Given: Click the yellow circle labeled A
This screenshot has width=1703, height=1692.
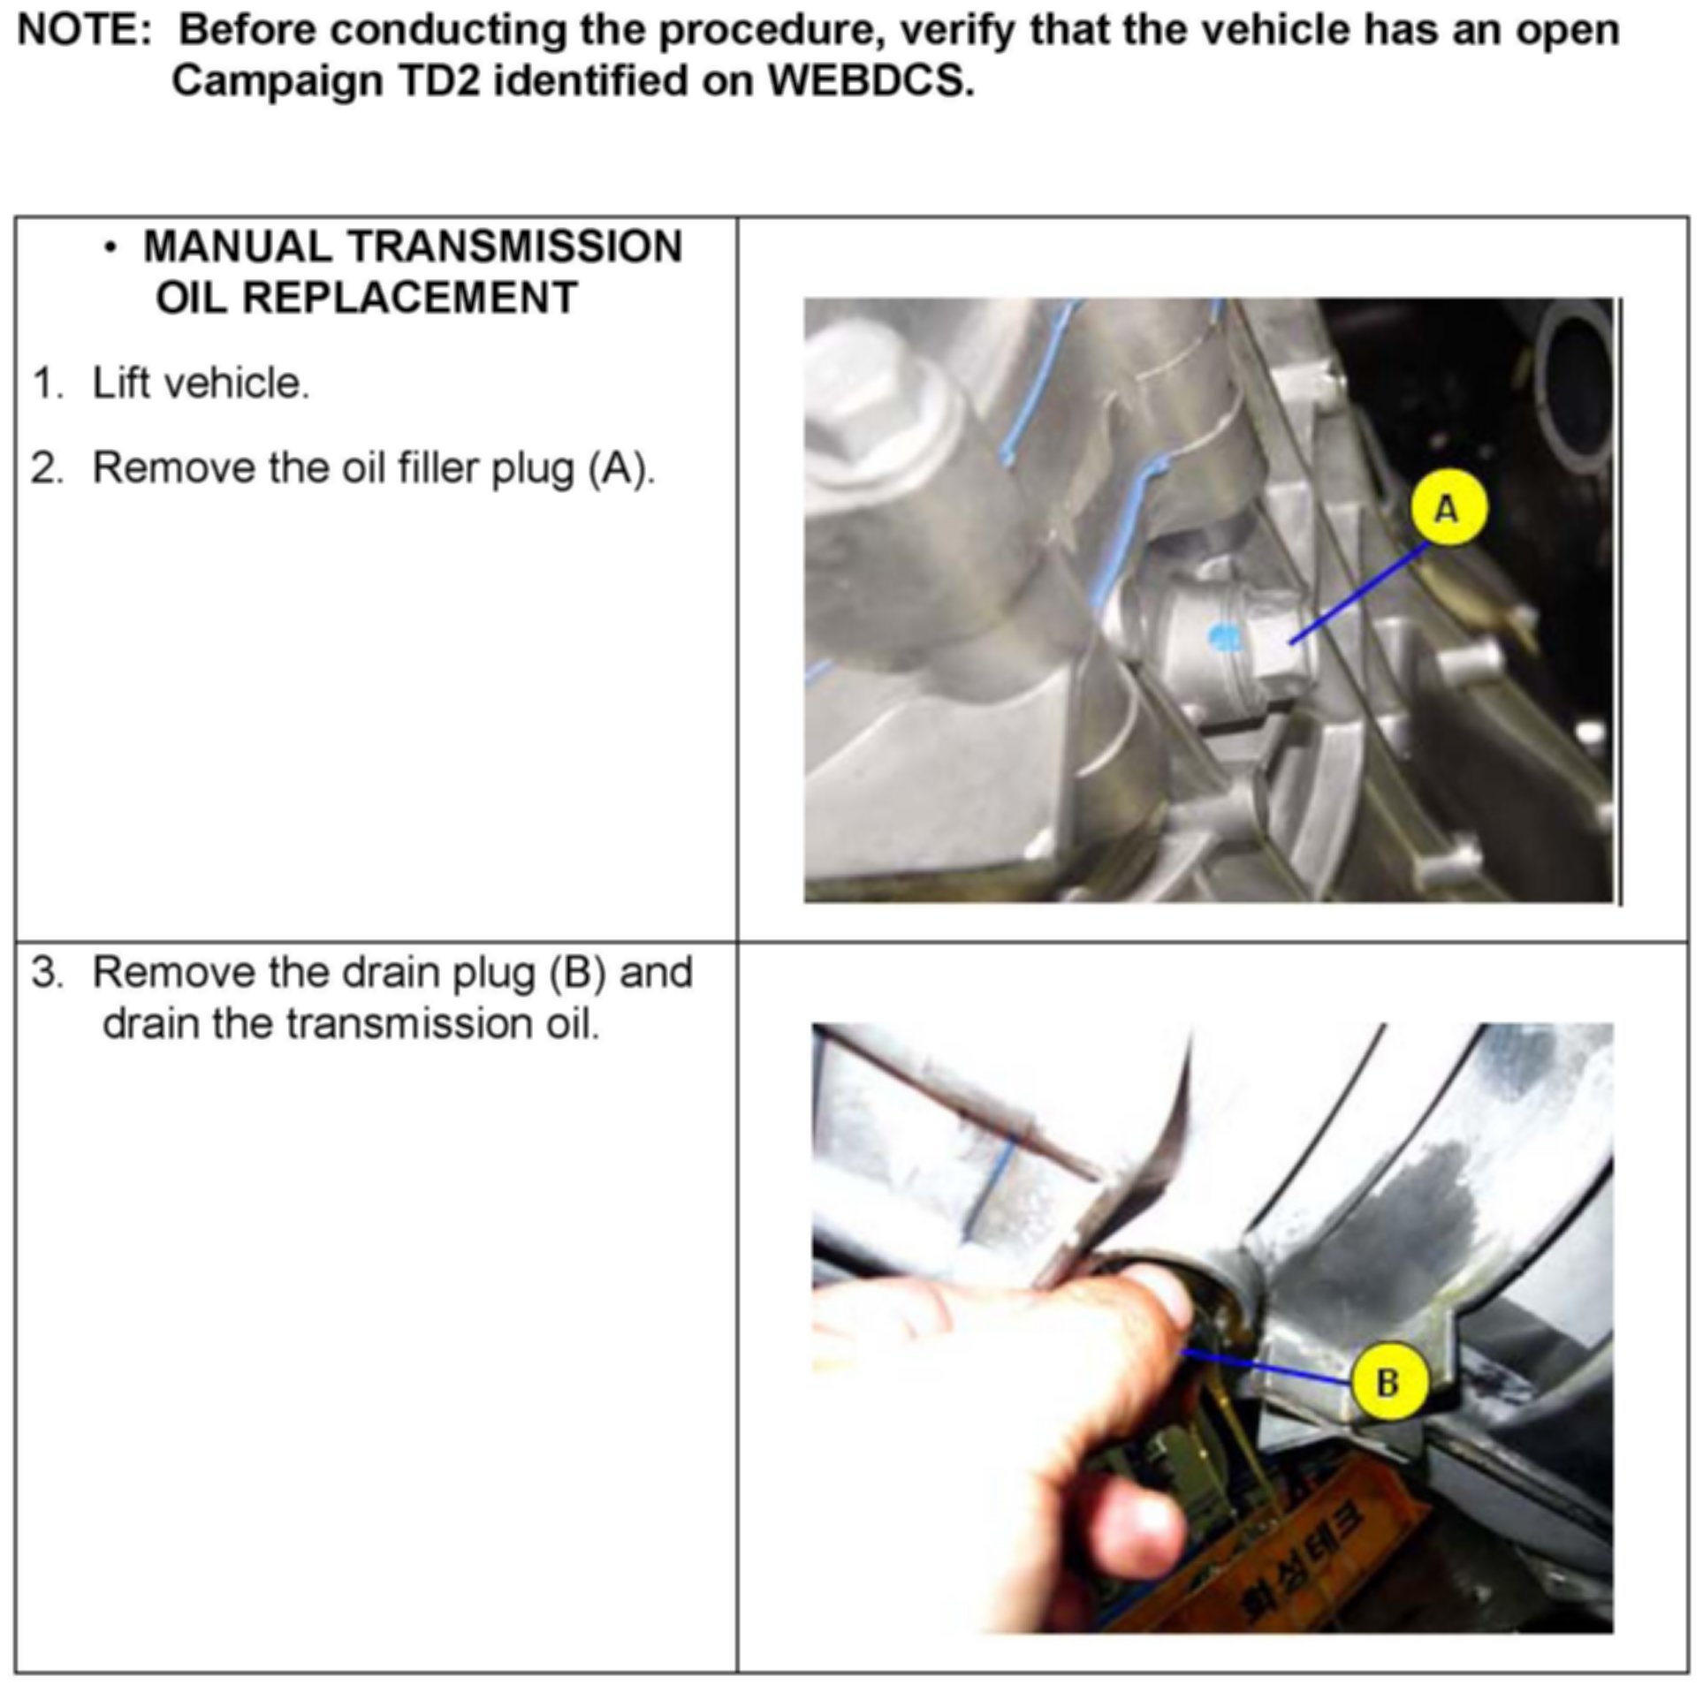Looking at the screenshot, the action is pyautogui.click(x=1447, y=510).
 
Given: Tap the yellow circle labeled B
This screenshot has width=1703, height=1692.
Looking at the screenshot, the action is pyautogui.click(x=1387, y=1382).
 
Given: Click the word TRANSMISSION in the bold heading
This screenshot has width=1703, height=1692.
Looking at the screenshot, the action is pyautogui.click(x=516, y=247).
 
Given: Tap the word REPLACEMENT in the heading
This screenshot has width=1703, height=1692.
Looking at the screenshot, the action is pyautogui.click(x=409, y=298).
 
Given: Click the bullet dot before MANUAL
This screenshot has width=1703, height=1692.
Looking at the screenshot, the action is pyautogui.click(x=110, y=248).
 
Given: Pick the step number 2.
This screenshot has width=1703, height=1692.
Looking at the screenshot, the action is pyautogui.click(x=47, y=468).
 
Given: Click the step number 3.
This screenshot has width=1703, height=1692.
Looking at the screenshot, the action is pyautogui.click(x=47, y=973).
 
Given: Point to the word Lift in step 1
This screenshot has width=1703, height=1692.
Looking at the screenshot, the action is pyautogui.click(x=122, y=383).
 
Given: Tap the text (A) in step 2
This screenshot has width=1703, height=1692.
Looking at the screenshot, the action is pyautogui.click(x=621, y=469).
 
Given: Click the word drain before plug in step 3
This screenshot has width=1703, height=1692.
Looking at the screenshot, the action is pyautogui.click(x=392, y=973).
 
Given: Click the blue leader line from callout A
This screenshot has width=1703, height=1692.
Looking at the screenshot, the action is pyautogui.click(x=1357, y=594).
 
